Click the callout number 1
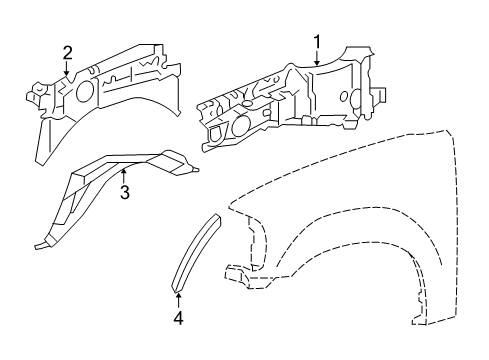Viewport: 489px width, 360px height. click(317, 42)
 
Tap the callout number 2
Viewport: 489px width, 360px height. click(67, 53)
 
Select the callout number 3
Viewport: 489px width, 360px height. click(124, 192)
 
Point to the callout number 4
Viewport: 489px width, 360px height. click(178, 318)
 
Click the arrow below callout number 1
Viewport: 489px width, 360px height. click(317, 58)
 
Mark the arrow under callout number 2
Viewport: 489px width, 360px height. click(67, 68)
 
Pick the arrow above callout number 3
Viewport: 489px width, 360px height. click(124, 177)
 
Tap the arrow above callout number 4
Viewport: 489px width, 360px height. click(178, 300)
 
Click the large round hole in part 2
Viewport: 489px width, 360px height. click(84, 91)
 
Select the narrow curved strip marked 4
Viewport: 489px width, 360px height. click(196, 253)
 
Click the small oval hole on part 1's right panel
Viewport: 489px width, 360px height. click(344, 97)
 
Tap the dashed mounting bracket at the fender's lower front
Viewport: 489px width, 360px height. click(237, 276)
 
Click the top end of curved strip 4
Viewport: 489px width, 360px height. click(218, 217)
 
